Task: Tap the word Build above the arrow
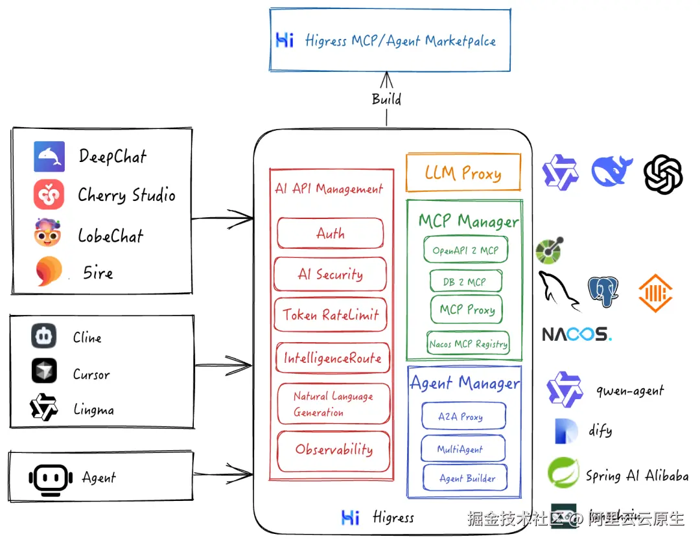(x=386, y=99)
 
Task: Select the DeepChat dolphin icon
(x=49, y=156)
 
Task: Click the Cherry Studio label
(x=126, y=195)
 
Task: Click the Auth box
(x=331, y=233)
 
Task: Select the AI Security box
(x=331, y=274)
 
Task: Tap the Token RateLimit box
(x=331, y=315)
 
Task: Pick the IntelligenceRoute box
(x=332, y=358)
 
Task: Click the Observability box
(x=334, y=450)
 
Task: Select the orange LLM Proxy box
(x=463, y=172)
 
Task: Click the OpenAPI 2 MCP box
(x=465, y=250)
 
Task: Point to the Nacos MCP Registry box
(x=468, y=344)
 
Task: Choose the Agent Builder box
(x=465, y=478)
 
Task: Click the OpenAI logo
(x=663, y=174)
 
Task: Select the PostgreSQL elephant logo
(x=603, y=292)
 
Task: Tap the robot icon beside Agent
(x=49, y=478)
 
